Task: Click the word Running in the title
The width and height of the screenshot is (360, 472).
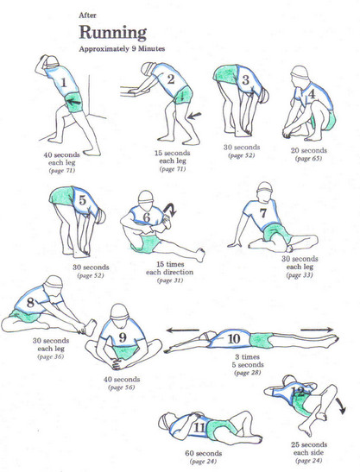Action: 113,33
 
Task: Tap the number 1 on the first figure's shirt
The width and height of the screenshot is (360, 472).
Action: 64,82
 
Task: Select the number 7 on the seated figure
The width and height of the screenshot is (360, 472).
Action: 263,213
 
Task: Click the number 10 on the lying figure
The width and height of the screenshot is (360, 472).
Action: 234,338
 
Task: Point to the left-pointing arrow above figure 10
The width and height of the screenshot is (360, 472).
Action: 183,330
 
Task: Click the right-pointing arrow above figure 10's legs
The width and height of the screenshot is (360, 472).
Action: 317,330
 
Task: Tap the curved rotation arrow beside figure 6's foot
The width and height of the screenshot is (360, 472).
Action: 170,209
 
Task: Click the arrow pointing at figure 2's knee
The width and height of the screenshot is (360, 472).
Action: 194,115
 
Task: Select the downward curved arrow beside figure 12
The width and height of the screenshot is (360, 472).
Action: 341,406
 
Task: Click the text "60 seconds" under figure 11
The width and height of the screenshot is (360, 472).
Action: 204,453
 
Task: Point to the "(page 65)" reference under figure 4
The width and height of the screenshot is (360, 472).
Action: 308,158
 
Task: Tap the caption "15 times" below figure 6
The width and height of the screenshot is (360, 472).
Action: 170,264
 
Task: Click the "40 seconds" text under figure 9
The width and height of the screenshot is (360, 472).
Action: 122,380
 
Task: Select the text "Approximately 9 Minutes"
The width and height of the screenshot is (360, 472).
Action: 122,49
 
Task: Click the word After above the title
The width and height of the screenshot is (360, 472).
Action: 87,16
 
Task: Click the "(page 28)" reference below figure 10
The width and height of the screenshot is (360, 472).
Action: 247,373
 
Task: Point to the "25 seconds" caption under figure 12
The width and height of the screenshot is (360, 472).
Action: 309,444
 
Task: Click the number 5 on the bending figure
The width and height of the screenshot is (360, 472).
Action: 83,200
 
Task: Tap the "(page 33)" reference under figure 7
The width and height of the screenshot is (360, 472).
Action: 300,275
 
